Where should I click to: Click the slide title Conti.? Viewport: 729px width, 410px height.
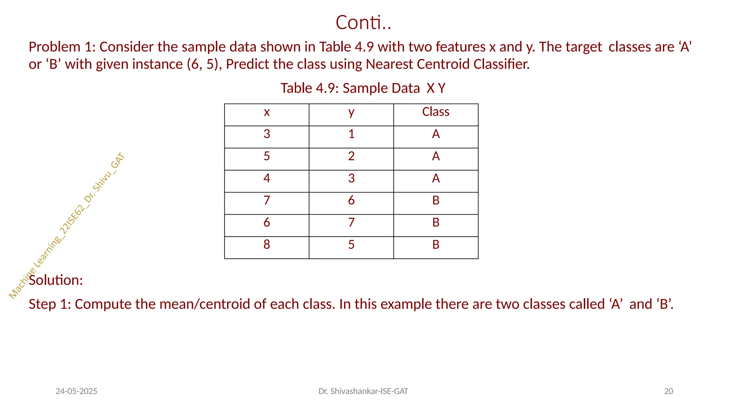pyautogui.click(x=363, y=22)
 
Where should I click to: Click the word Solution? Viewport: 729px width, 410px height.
pyautogui.click(x=56, y=280)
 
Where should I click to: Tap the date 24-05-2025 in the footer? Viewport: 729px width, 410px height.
pyautogui.click(x=77, y=391)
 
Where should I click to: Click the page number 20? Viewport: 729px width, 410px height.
pyautogui.click(x=668, y=391)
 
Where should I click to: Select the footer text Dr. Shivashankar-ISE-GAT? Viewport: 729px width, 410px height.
pyautogui.click(x=363, y=391)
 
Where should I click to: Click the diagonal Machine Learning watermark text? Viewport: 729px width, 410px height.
pyautogui.click(x=67, y=226)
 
